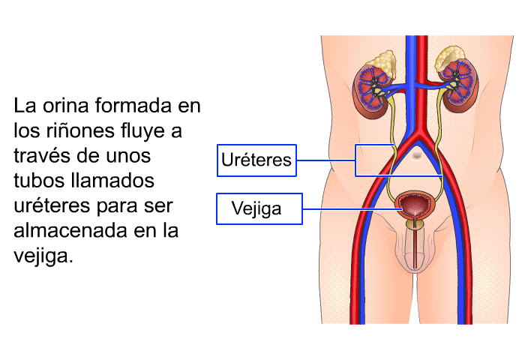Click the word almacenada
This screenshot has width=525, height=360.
(71, 231)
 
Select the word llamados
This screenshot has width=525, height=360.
(113, 181)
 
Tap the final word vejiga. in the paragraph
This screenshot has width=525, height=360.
(43, 257)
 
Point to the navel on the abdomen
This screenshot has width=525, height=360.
(417, 154)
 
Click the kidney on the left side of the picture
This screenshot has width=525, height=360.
(372, 91)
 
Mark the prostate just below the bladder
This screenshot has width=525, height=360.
(415, 223)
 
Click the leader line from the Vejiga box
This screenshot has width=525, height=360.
(352, 209)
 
